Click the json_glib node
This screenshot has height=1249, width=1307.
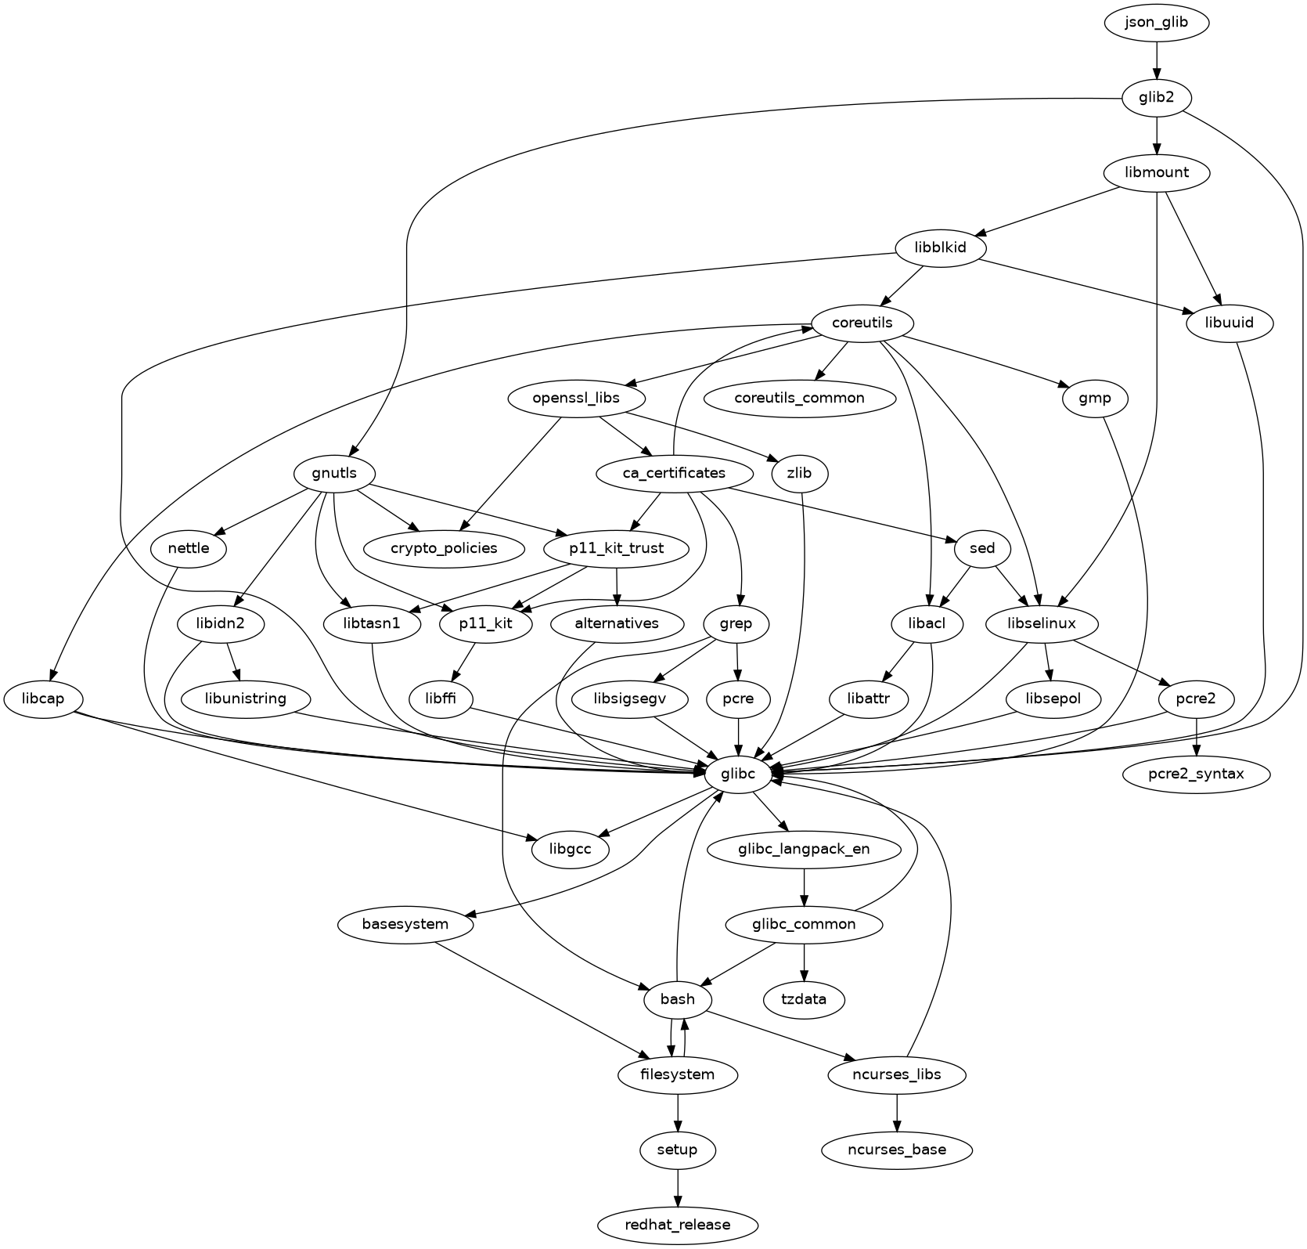[x=1156, y=23]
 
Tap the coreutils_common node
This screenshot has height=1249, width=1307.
[x=799, y=398]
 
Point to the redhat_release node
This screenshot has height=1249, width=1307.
[x=678, y=1225]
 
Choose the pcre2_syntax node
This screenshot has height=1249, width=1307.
[x=1196, y=774]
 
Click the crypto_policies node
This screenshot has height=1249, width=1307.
[x=444, y=548]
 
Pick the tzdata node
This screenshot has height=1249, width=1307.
[x=805, y=999]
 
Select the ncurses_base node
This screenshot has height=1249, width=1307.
[x=897, y=1150]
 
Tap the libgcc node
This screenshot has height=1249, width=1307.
[x=570, y=849]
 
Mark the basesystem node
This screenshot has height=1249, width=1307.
[x=405, y=924]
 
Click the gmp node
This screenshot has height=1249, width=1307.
[x=1094, y=398]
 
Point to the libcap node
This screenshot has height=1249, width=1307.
[x=44, y=699]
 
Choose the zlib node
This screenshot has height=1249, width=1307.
[x=799, y=473]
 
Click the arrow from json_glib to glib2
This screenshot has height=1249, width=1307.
[x=1156, y=61]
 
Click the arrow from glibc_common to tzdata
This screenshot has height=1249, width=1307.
[x=805, y=962]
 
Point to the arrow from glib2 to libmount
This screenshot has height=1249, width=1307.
[x=1156, y=136]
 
